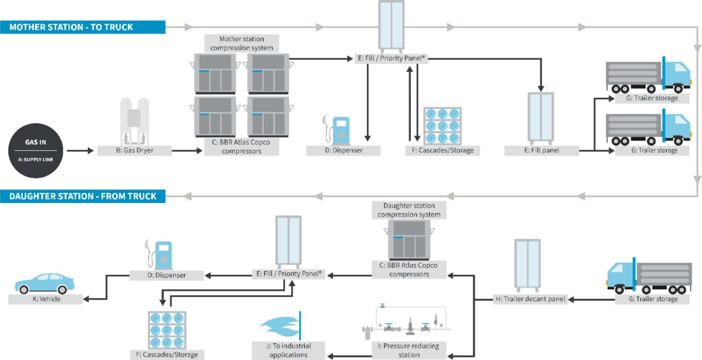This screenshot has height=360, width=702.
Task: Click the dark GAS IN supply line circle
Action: pyautogui.click(x=36, y=150)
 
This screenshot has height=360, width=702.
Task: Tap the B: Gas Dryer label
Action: pyautogui.click(x=134, y=150)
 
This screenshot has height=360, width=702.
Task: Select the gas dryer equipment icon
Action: pyautogui.click(x=134, y=121)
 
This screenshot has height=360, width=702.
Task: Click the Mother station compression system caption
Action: pyautogui.click(x=242, y=43)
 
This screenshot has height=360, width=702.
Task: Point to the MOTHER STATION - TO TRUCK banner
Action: pyautogui.click(x=83, y=27)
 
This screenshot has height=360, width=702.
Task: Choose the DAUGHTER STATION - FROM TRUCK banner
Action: pyautogui.click(x=83, y=196)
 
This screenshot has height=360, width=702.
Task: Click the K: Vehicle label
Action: pyautogui.click(x=46, y=299)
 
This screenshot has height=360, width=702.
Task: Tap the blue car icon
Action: pyautogui.click(x=44, y=283)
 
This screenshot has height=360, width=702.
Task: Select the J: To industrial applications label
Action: pyautogui.click(x=288, y=350)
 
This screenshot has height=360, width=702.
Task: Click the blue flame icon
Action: pyautogui.click(x=281, y=326)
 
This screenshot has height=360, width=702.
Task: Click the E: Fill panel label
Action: pyautogui.click(x=541, y=150)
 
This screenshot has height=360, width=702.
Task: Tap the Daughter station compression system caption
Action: pyautogui.click(x=409, y=210)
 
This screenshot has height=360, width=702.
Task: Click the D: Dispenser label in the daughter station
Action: pyautogui.click(x=166, y=275)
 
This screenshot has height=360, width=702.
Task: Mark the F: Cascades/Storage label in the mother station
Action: pyautogui.click(x=442, y=150)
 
